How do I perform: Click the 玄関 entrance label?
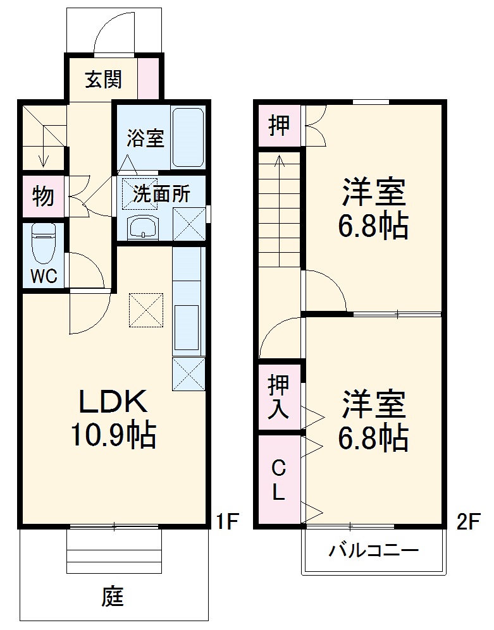(103, 79)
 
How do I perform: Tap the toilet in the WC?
(44, 243)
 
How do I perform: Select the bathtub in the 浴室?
(188, 138)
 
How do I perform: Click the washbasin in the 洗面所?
(143, 227)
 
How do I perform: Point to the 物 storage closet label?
(43, 196)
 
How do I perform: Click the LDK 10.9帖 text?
(113, 418)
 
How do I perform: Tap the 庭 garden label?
(112, 597)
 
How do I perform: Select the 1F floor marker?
(228, 521)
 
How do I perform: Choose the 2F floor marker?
(469, 521)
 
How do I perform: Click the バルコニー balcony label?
(374, 549)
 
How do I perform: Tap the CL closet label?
(278, 480)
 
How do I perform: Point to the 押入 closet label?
(278, 397)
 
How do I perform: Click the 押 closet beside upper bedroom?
(279, 125)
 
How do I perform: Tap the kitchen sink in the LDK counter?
(186, 327)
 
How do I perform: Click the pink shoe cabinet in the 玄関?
(149, 78)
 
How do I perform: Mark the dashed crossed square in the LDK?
(146, 310)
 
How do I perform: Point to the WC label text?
(44, 276)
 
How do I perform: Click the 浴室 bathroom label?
(145, 138)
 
